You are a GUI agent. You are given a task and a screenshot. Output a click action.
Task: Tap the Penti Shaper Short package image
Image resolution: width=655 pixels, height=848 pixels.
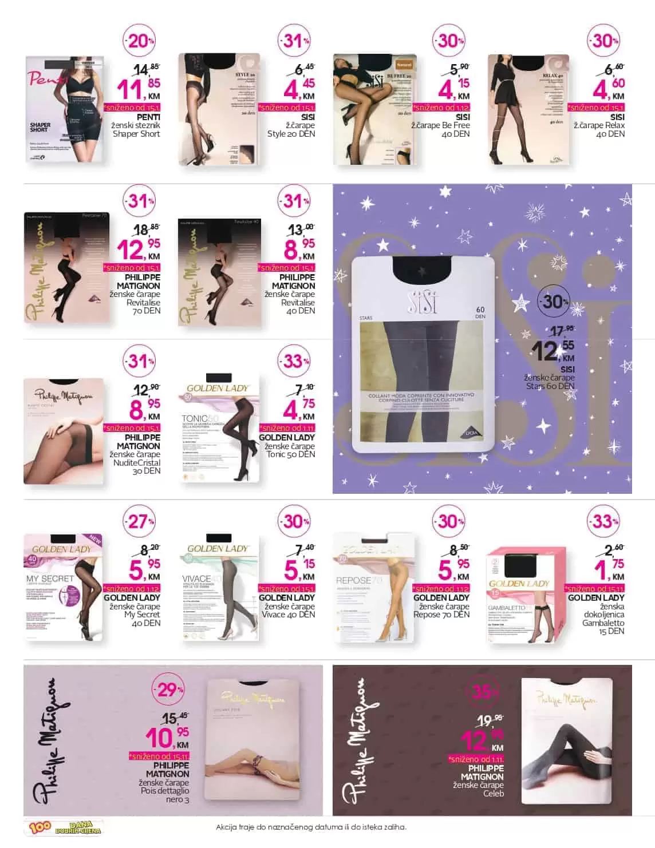click(65, 109)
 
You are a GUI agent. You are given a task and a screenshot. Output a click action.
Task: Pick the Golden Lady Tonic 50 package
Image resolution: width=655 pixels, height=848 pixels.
click(219, 429)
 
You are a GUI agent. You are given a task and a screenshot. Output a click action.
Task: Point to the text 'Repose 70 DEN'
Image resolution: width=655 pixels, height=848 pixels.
click(441, 615)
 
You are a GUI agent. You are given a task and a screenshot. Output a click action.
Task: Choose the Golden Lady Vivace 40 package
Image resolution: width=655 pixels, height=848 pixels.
click(219, 589)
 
